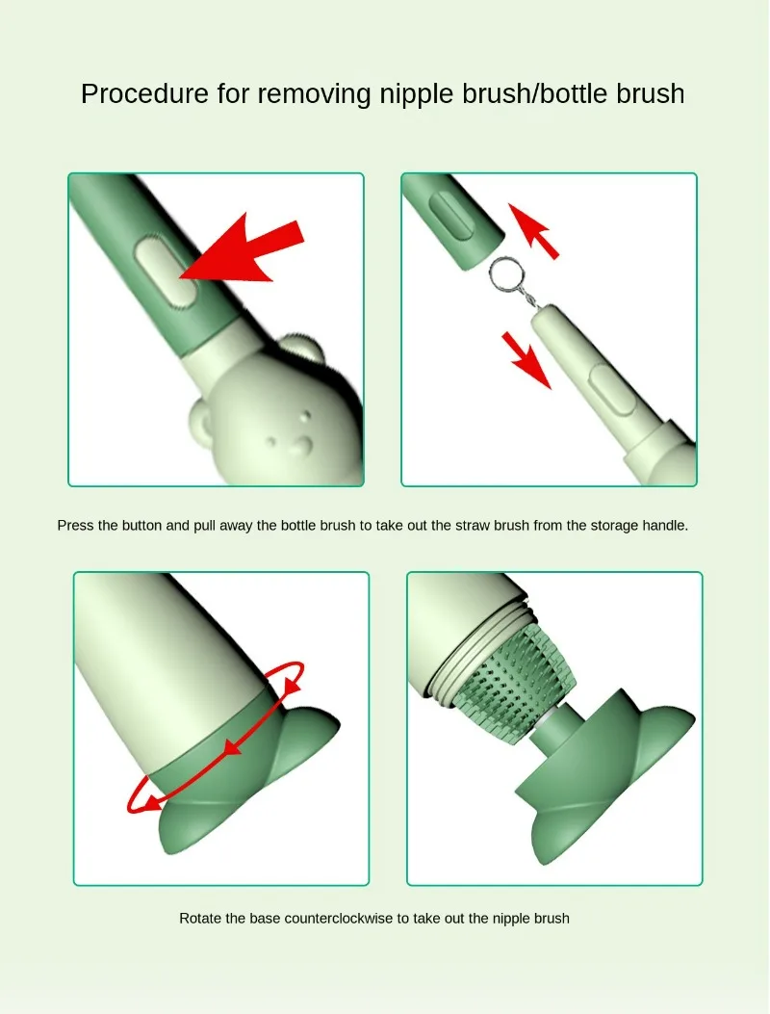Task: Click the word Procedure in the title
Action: [x=144, y=93]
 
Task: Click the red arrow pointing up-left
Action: [x=533, y=231]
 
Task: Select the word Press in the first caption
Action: [x=76, y=525]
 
